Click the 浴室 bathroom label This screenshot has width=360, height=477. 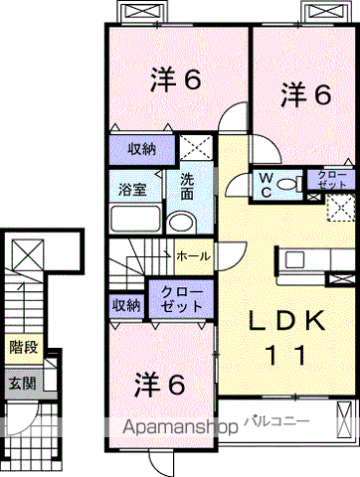point(132,190)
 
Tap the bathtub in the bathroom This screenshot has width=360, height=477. point(135,219)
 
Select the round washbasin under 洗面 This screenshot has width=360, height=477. point(181,223)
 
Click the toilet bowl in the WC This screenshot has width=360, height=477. point(287,184)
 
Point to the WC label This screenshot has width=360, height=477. point(266,185)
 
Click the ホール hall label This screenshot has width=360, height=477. point(194,256)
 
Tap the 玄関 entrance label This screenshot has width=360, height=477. point(22,384)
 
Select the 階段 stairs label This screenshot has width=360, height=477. point(24,348)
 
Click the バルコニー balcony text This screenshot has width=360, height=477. point(276,421)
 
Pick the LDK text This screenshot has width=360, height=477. point(287,321)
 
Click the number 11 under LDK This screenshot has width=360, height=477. point(285,355)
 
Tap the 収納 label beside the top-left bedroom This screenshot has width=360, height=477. point(142,150)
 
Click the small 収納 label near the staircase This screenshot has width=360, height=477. point(126,305)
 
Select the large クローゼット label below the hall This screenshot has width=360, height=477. point(181,299)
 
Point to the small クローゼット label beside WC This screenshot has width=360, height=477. point(332,180)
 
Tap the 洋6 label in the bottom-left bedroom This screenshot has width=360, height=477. point(159,386)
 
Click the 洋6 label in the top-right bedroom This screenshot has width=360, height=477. point(306,94)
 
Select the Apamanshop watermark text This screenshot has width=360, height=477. point(181,427)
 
